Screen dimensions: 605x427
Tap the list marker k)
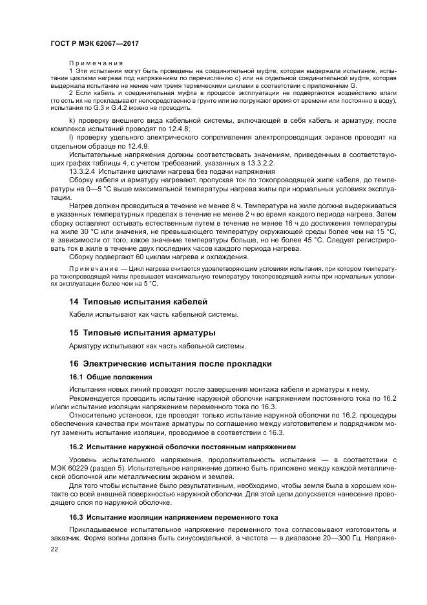pos(72,120)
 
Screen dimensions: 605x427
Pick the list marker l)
pos(71,137)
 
